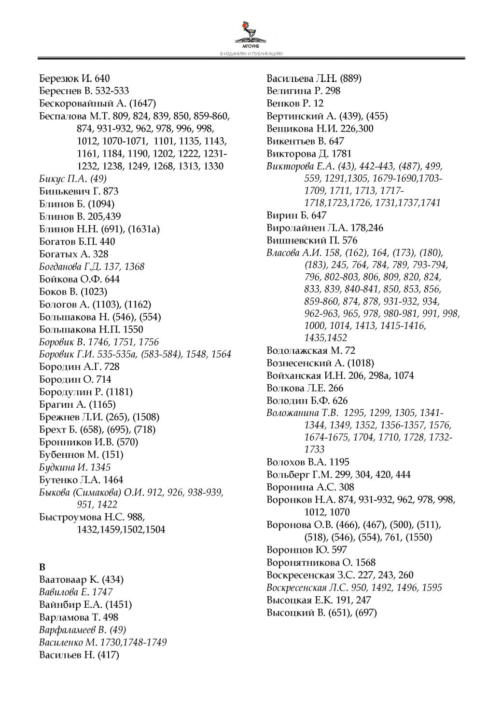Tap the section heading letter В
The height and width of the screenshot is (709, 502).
[42, 566]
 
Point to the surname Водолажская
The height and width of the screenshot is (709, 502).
[297, 350]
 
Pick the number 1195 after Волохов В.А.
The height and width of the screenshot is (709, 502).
[338, 462]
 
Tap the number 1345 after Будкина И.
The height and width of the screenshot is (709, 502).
[100, 467]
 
